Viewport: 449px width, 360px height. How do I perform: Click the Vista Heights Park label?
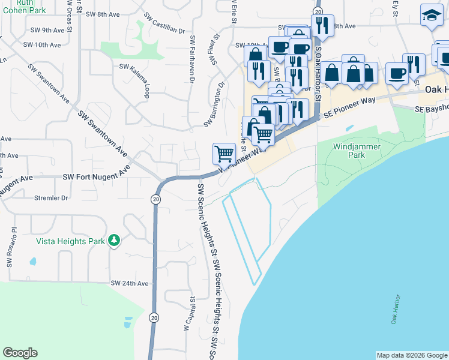click(x=70, y=241)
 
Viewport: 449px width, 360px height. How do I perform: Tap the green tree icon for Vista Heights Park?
click(x=113, y=241)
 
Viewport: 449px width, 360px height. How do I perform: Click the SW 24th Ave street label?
click(x=129, y=283)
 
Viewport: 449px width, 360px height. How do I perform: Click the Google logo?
click(x=20, y=353)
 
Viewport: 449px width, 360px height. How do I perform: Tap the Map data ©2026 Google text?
click(x=412, y=355)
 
